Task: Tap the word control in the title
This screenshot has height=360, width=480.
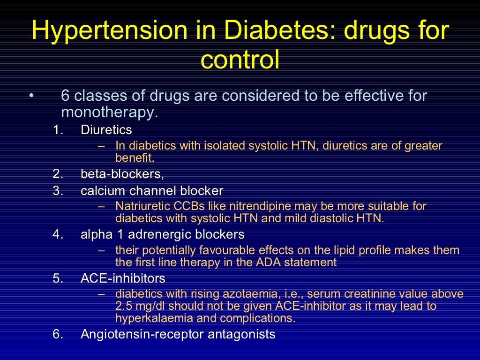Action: (x=240, y=60)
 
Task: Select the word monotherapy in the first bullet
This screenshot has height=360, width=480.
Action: (x=107, y=112)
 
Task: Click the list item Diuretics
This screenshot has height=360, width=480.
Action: (x=106, y=129)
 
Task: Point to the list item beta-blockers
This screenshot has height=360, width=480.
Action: (x=122, y=174)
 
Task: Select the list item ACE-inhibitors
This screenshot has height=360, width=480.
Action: (x=123, y=278)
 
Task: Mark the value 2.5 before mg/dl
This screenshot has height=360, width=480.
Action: (x=123, y=307)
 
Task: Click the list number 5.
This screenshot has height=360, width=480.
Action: (x=58, y=278)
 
